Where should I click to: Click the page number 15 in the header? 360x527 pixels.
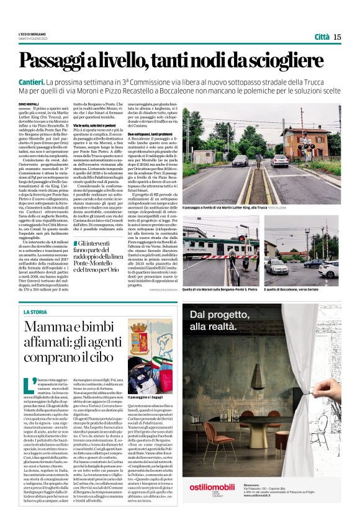coord(337,37)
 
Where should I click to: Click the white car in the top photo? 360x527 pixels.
coord(281,160)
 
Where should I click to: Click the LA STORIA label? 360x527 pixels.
coord(35,311)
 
